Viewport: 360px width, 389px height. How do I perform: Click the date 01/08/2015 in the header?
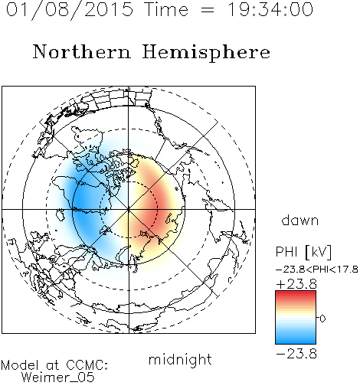point(70,10)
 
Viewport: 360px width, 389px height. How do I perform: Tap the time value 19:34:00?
point(270,9)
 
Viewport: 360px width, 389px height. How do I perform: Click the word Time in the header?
point(166,9)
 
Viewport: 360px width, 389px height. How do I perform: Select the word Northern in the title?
point(82,51)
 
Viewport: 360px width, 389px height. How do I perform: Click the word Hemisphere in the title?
point(206,53)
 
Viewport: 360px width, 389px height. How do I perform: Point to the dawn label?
point(299,220)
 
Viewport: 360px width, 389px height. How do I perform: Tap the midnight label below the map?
point(180,360)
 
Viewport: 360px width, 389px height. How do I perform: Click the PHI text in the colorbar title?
point(287,252)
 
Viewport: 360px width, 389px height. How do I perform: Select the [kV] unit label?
point(318,252)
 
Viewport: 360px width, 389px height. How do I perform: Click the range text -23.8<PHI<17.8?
point(317,270)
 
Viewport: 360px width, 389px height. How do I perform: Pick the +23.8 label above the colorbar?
point(296,284)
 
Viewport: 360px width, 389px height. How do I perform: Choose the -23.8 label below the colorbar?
point(296,354)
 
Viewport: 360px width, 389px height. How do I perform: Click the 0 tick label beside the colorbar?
point(322,319)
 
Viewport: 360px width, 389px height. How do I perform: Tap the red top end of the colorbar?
point(296,293)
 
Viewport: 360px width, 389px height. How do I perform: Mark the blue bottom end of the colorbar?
point(296,342)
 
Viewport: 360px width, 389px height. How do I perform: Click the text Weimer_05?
point(58,377)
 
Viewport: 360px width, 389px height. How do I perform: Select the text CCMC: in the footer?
point(87,365)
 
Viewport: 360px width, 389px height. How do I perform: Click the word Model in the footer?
point(20,365)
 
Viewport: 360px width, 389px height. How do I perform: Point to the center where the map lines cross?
point(129,209)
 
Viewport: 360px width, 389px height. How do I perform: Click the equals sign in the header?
point(208,11)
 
